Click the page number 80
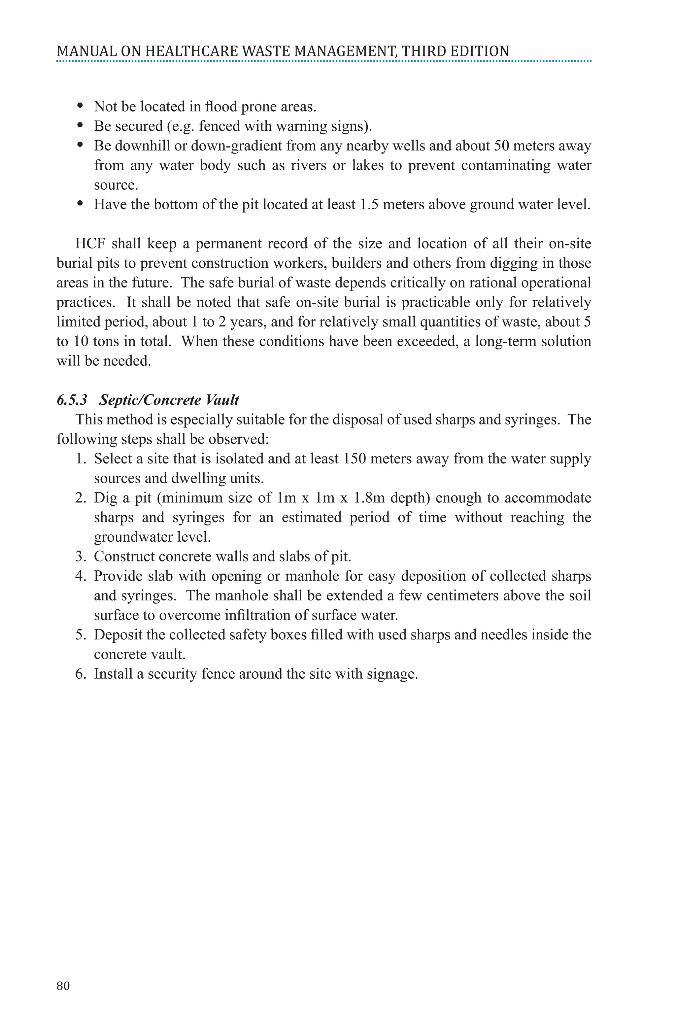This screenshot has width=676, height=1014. click(63, 986)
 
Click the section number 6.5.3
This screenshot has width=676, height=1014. click(72, 400)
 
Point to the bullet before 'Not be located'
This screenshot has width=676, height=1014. click(80, 106)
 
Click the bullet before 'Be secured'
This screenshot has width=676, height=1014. click(80, 125)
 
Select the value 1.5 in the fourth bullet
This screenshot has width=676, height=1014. click(369, 204)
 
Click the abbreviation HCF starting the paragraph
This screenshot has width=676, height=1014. click(90, 244)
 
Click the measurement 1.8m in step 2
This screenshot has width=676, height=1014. click(369, 497)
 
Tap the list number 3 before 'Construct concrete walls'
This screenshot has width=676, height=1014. click(81, 556)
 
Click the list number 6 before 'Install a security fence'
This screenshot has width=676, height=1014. click(81, 673)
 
